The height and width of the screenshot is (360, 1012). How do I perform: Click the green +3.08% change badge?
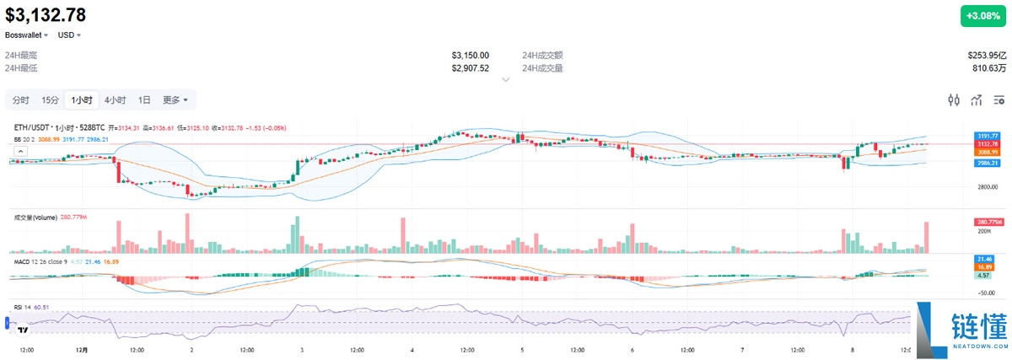point(984,16)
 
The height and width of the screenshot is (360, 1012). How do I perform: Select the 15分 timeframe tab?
point(50,100)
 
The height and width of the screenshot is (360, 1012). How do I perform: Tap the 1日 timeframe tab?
point(144,100)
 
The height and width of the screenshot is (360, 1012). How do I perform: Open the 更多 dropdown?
point(175,100)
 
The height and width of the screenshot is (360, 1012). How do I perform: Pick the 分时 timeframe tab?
point(20,100)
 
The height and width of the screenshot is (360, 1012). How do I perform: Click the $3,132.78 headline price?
point(46,14)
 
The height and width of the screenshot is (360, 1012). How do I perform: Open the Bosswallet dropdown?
point(27,35)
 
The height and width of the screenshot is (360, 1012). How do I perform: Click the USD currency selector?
point(68,35)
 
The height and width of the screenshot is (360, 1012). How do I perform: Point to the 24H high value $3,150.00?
point(470,55)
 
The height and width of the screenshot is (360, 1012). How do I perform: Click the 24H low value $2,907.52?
point(470,67)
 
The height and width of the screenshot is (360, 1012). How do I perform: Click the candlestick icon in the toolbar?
point(954,100)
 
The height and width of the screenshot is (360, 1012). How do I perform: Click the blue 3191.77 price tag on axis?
point(988,136)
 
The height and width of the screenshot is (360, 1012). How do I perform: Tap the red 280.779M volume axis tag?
point(988,222)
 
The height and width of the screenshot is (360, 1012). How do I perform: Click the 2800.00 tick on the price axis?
point(986,186)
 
